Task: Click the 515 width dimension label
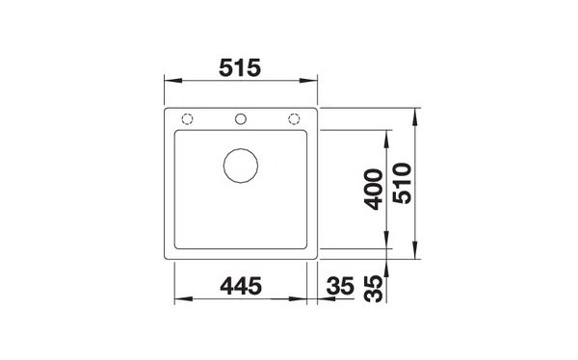[240, 67]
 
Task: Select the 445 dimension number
[241, 286]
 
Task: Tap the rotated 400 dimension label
[374, 190]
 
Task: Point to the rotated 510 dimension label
[402, 183]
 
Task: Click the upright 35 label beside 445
[340, 286]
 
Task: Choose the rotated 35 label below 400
[374, 290]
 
